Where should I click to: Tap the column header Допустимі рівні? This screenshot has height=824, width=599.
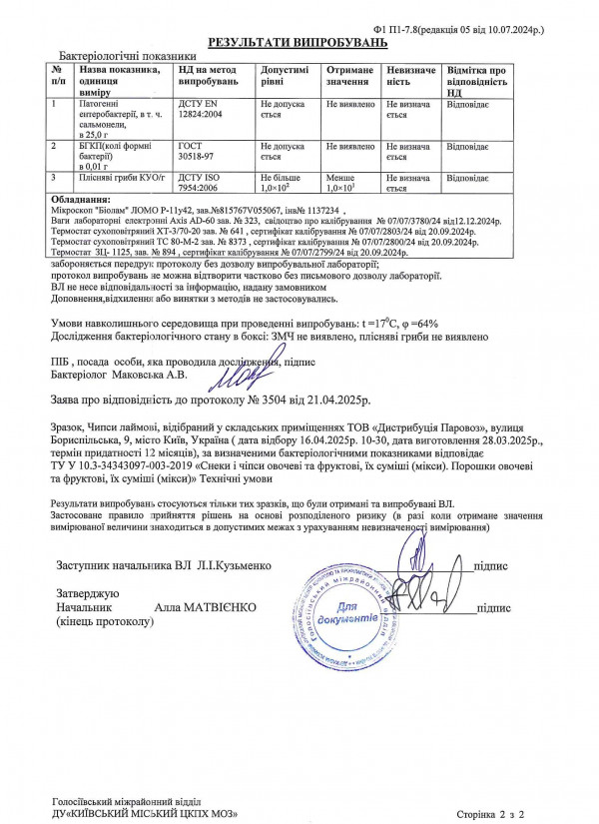click(284, 76)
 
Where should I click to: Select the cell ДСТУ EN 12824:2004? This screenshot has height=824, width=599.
click(207, 110)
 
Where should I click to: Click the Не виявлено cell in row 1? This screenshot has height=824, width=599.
click(348, 104)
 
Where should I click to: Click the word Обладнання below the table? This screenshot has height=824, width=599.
click(78, 200)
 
